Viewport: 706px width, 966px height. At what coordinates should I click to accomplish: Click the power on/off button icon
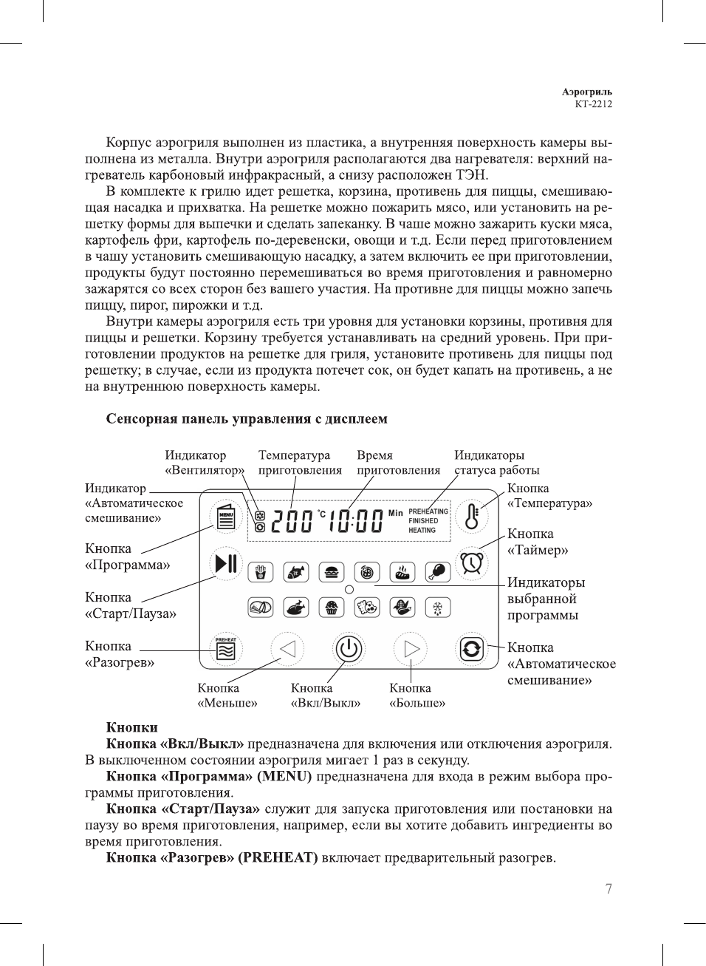coord(349,650)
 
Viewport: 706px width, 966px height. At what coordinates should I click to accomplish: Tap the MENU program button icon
coord(225,516)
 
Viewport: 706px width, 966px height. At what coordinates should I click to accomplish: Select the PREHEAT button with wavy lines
coord(225,649)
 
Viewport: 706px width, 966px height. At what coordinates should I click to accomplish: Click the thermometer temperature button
coord(471,516)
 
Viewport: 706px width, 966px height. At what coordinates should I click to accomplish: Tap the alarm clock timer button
coord(471,563)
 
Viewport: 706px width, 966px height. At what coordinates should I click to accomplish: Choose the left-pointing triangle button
coord(287,650)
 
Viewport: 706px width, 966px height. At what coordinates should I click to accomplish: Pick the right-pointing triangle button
coord(411,650)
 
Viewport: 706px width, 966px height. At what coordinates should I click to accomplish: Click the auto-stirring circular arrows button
coord(471,650)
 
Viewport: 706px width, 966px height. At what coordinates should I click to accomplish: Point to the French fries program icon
coord(260,571)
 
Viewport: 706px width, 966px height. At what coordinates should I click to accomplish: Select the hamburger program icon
coord(332,571)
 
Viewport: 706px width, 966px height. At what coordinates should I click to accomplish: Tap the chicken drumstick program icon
coord(438,571)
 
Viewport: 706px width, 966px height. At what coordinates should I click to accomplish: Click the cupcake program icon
coord(332,608)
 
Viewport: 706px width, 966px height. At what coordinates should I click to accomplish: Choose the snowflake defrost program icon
coord(438,608)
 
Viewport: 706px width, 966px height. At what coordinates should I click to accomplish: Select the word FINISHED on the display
coord(423,520)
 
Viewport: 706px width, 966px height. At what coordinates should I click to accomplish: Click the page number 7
coord(609,889)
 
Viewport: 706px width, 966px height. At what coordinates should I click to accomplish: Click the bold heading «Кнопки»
coord(131,727)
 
